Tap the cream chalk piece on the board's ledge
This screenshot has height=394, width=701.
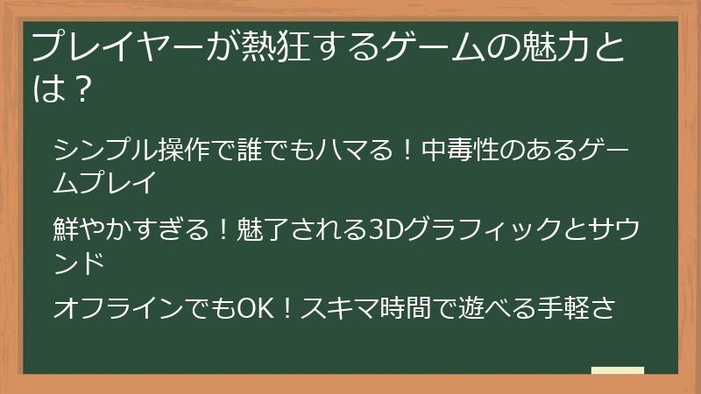pos(618,369)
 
